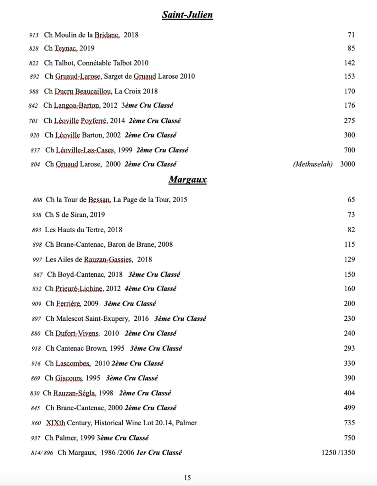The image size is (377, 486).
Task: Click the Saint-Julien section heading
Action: pyautogui.click(x=187, y=15)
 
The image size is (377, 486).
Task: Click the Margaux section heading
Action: pyautogui.click(x=187, y=180)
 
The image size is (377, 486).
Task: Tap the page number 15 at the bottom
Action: pyautogui.click(x=187, y=478)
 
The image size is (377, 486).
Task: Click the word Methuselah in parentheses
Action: pyautogui.click(x=313, y=164)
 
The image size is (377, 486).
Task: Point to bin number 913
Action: pyautogui.click(x=34, y=35)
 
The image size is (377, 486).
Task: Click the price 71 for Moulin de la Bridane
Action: pyautogui.click(x=351, y=35)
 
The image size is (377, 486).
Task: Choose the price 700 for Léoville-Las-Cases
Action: pyautogui.click(x=349, y=150)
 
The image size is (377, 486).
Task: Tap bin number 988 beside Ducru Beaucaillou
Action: pyautogui.click(x=34, y=92)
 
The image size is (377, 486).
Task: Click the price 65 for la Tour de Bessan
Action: pyautogui.click(x=351, y=200)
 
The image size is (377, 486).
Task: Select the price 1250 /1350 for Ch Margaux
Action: pyautogui.click(x=338, y=452)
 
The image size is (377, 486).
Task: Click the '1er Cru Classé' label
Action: pyautogui.click(x=159, y=453)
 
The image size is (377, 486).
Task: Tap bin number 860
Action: pyautogui.click(x=37, y=423)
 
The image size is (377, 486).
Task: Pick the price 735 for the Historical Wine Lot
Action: pyautogui.click(x=349, y=422)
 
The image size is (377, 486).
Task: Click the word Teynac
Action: pyautogui.click(x=66, y=48)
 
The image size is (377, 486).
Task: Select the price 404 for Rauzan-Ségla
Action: pyautogui.click(x=349, y=393)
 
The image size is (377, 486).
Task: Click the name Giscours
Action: pyautogui.click(x=71, y=378)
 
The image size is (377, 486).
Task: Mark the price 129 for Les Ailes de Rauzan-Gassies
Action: pyautogui.click(x=349, y=259)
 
